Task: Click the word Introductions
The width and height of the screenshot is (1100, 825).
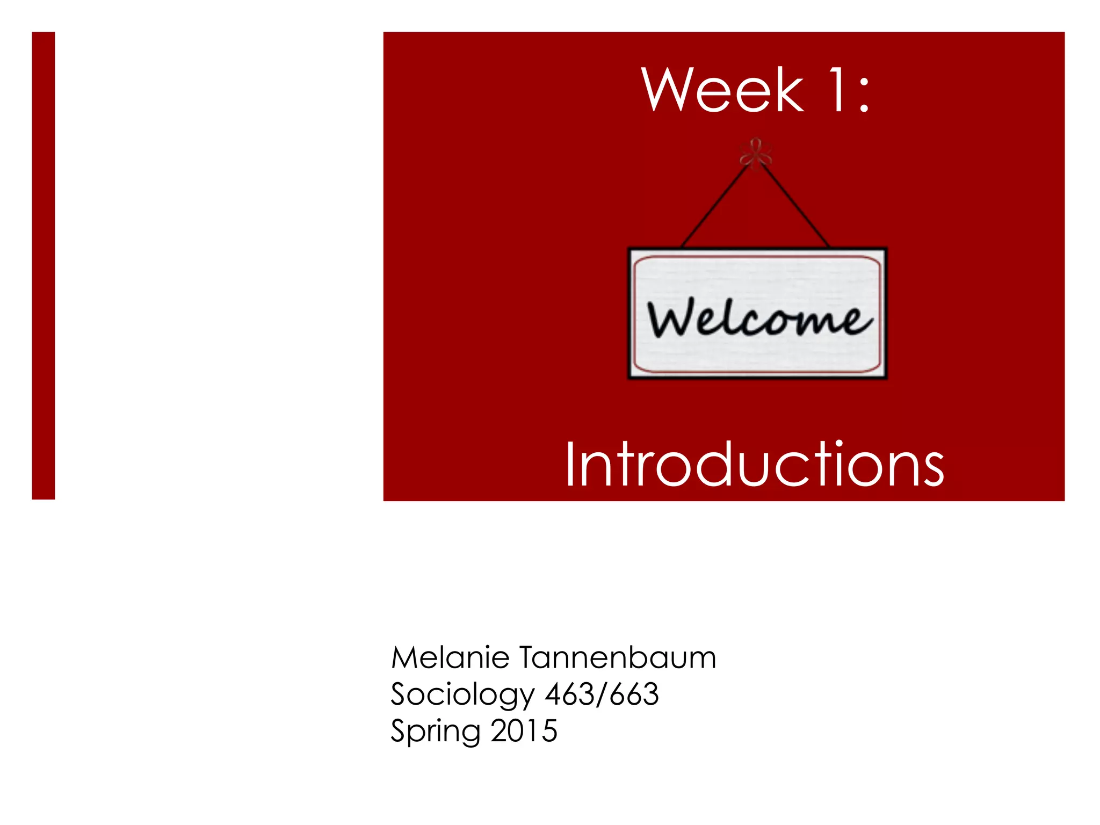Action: tap(754, 465)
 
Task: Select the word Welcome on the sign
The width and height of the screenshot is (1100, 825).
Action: tap(758, 318)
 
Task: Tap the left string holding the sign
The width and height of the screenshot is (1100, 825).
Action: tap(714, 207)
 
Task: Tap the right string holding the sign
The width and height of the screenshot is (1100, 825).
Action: tap(795, 207)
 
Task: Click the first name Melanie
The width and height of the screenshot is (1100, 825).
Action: tap(450, 657)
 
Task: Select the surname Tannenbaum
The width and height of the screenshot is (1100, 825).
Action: tap(618, 657)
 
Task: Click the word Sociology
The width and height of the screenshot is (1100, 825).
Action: tap(462, 695)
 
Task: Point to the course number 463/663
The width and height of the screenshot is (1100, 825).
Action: tap(602, 694)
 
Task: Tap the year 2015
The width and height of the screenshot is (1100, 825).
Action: tap(524, 730)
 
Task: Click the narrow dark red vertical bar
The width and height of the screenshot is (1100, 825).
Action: tap(43, 265)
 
